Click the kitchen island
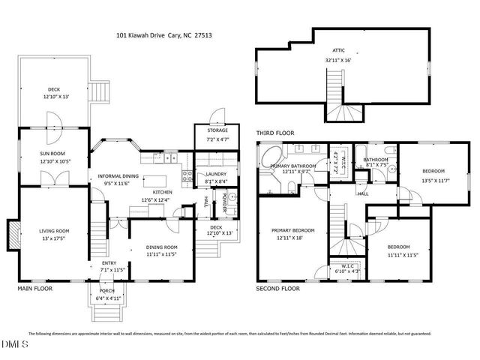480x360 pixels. [x=156, y=181]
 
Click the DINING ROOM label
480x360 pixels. [x=161, y=247]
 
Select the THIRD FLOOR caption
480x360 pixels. [x=275, y=133]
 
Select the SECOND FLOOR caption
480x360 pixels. [x=278, y=288]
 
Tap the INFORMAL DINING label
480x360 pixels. [x=119, y=176]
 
